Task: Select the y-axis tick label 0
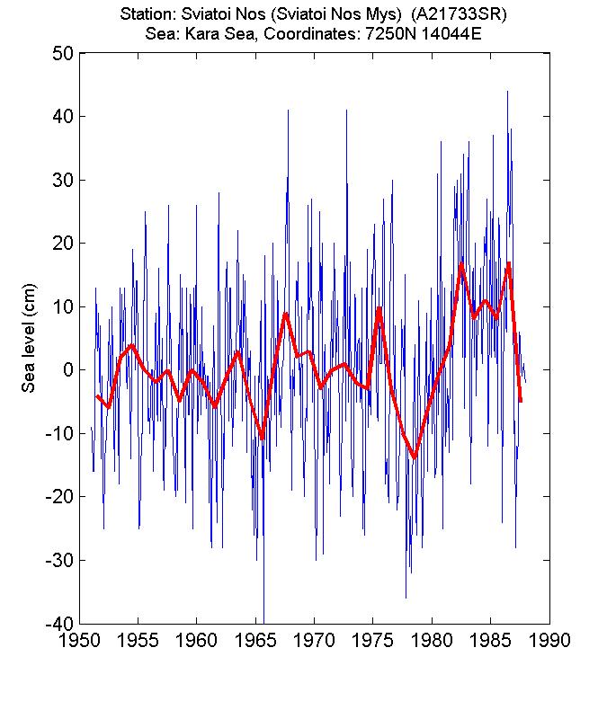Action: click(x=66, y=370)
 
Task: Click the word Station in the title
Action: click(x=155, y=14)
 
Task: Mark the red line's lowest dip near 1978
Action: click(x=415, y=457)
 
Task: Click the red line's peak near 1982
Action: click(x=461, y=265)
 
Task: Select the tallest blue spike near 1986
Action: click(x=507, y=92)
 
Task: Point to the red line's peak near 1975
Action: click(x=379, y=308)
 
